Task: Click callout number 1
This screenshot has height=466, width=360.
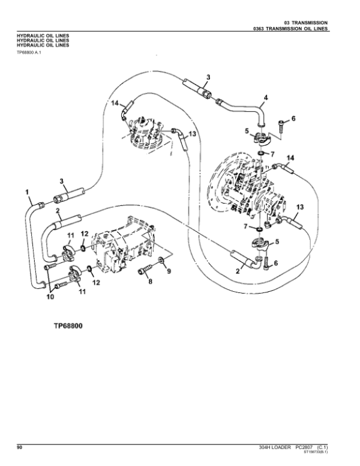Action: click(x=28, y=193)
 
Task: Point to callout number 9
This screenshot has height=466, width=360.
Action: click(x=169, y=271)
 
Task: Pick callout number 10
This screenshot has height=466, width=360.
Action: click(x=50, y=296)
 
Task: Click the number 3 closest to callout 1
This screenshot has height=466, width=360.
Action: click(x=61, y=181)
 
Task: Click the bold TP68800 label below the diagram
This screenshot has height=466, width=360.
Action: click(x=68, y=327)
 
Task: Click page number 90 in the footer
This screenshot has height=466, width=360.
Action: click(x=19, y=447)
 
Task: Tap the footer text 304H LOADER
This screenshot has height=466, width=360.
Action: click(x=274, y=447)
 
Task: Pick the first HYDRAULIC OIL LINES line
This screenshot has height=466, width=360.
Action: click(x=43, y=36)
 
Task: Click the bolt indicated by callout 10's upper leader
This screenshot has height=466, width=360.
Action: click(x=53, y=263)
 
